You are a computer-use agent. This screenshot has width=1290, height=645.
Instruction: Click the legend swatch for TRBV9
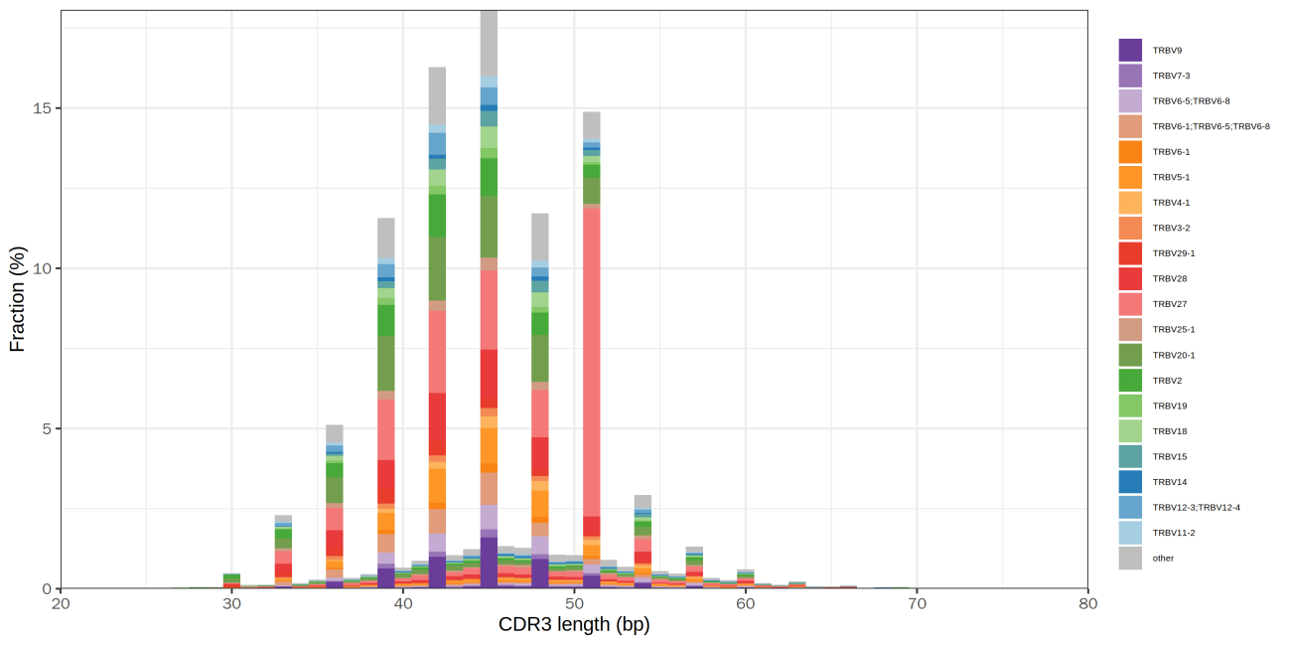(x=1130, y=50)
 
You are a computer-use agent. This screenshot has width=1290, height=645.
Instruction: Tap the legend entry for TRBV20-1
(x=1173, y=355)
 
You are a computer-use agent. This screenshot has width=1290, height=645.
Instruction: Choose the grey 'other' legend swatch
(x=1130, y=559)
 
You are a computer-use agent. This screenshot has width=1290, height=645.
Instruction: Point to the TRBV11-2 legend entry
(x=1173, y=533)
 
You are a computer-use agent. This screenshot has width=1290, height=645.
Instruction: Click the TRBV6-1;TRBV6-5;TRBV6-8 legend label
(x=1211, y=126)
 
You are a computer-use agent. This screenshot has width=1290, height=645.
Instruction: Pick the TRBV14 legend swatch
(x=1130, y=482)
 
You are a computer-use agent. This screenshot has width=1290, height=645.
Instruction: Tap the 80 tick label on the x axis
(x=1088, y=603)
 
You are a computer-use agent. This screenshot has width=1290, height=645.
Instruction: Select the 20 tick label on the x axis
(x=61, y=603)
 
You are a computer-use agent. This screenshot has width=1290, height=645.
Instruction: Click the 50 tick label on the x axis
(x=574, y=603)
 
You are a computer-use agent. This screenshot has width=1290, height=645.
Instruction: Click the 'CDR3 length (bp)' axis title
(x=574, y=626)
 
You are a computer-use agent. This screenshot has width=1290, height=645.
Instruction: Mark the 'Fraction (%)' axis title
(x=17, y=300)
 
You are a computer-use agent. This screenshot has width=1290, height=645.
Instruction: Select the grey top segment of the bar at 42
(x=437, y=95)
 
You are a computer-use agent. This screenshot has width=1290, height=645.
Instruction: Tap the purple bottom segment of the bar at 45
(x=489, y=563)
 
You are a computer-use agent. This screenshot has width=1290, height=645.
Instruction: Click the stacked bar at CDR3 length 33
(x=283, y=552)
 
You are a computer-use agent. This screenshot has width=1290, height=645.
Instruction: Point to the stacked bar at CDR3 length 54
(x=643, y=542)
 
